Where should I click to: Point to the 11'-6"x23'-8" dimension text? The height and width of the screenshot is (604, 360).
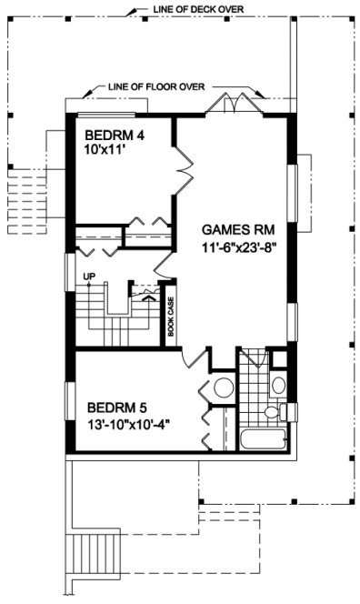click(x=240, y=247)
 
